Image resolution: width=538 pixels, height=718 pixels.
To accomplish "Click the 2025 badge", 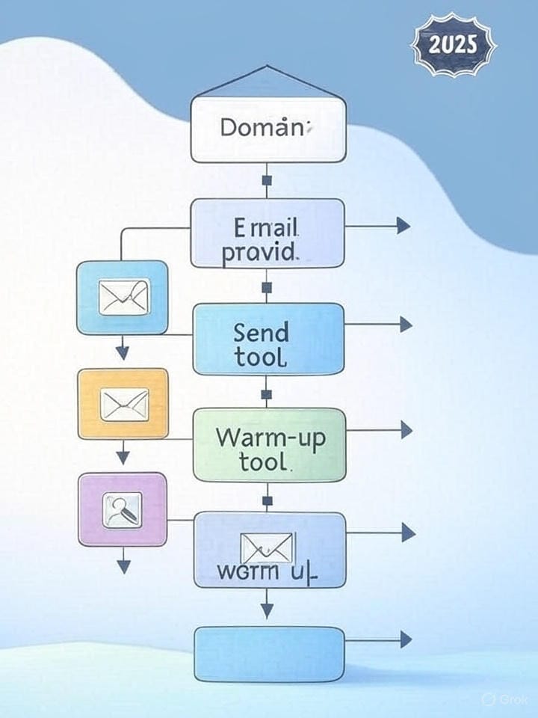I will [x=454, y=44].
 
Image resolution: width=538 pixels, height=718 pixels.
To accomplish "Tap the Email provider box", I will [x=268, y=233].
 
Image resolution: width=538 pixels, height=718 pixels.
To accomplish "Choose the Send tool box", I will [x=268, y=339].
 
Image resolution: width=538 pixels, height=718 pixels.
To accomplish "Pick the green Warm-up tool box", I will [x=269, y=444].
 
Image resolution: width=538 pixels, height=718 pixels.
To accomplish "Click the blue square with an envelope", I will [x=123, y=297].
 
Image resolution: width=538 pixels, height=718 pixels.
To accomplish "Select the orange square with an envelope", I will [x=123, y=404].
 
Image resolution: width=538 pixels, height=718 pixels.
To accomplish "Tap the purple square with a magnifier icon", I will [x=123, y=509].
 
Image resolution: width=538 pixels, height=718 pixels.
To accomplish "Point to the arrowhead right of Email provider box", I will [x=403, y=225].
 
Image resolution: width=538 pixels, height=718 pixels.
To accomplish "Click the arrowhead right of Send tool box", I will [x=406, y=324].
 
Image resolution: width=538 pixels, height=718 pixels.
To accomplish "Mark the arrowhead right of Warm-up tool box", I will [x=406, y=429].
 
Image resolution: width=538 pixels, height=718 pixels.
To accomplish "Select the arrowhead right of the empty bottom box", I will [x=406, y=639].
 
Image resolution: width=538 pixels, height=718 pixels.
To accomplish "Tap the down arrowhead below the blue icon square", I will [x=123, y=352].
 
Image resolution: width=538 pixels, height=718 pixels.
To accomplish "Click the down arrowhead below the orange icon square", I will [x=123, y=456].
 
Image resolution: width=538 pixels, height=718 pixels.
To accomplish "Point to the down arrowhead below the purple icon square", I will [x=123, y=565].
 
